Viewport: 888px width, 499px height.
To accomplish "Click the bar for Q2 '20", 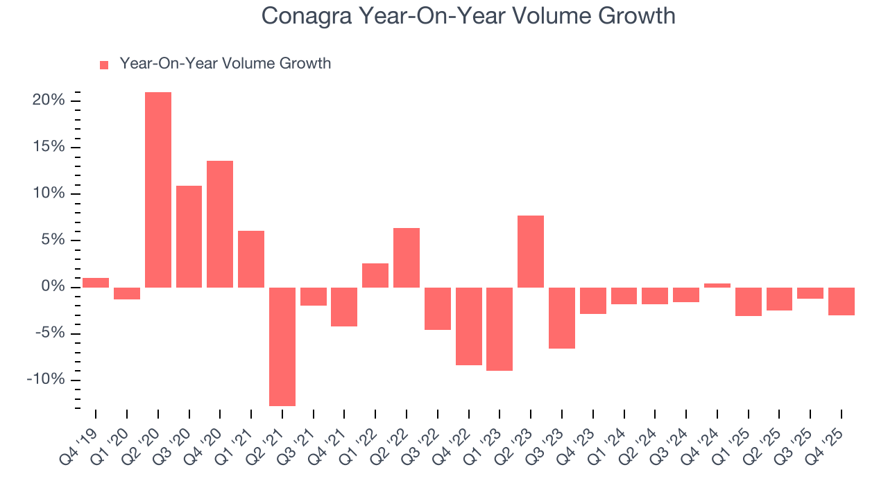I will (x=158, y=189).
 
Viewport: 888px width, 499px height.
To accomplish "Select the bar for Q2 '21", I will (x=282, y=347).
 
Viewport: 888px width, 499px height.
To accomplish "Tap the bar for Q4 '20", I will (x=220, y=224).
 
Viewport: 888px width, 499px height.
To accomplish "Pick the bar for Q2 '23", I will (x=531, y=251).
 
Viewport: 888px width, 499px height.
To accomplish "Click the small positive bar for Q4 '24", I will (x=717, y=285).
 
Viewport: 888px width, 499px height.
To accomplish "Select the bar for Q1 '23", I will (x=499, y=329).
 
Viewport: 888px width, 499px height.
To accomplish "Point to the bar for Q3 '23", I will (x=562, y=318).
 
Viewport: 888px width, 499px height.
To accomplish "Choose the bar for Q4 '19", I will (x=96, y=282).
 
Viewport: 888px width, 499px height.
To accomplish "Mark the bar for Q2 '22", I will (x=407, y=257).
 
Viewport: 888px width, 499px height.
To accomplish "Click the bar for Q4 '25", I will (x=841, y=301).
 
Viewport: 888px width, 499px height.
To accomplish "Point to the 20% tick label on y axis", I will (x=49, y=100).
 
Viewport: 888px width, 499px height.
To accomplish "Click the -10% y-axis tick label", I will (x=46, y=380).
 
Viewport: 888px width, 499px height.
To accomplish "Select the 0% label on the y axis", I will (x=53, y=287).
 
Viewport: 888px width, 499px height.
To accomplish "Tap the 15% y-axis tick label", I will (x=49, y=147).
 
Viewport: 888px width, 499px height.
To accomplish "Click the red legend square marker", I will (x=104, y=64).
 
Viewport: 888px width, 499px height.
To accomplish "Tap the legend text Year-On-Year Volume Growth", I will (x=225, y=64).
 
